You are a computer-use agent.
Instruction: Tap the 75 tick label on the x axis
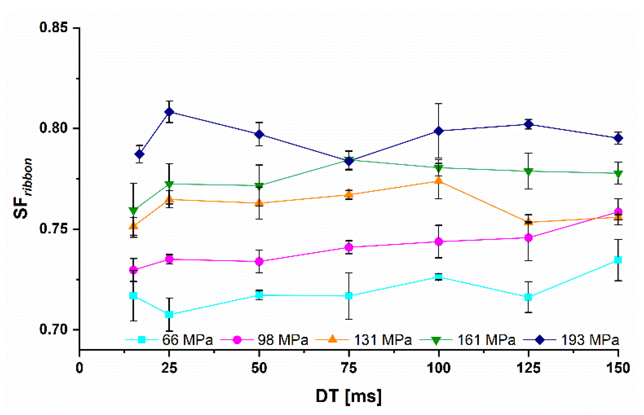(x=349, y=368)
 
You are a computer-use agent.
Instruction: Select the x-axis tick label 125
(x=528, y=368)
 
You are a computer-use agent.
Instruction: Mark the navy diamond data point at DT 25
(x=169, y=112)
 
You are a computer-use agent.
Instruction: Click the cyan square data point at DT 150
(x=618, y=260)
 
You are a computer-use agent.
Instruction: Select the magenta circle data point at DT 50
(x=259, y=261)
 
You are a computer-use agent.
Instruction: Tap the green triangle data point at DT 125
(x=528, y=171)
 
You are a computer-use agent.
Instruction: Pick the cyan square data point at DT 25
(x=169, y=315)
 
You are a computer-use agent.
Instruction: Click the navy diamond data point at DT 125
(x=528, y=124)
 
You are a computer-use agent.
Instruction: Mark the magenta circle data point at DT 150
(x=618, y=212)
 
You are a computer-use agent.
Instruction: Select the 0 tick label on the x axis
(x=80, y=368)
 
